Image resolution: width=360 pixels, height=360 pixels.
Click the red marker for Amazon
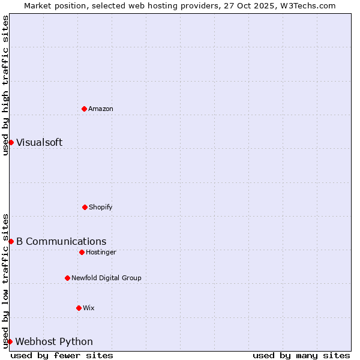pyautogui.click(x=84, y=109)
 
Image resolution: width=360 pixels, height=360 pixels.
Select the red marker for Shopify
pyautogui.click(x=85, y=207)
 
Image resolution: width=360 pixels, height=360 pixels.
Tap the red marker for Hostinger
pyautogui.click(x=82, y=252)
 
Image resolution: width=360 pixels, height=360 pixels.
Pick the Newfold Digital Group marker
pyautogui.click(x=67, y=278)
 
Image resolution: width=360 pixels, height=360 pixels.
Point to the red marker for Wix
pyautogui.click(x=79, y=308)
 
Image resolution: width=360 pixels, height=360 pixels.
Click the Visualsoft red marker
pyautogui.click(x=11, y=142)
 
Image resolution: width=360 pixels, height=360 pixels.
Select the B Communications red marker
pyautogui.click(x=11, y=241)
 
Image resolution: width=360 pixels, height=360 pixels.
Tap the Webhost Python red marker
pyautogui.click(x=10, y=341)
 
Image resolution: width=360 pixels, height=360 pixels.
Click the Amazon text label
pyautogui.click(x=101, y=109)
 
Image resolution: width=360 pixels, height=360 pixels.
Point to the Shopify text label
pyautogui.click(x=101, y=208)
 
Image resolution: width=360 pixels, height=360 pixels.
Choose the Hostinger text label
pyautogui.click(x=101, y=253)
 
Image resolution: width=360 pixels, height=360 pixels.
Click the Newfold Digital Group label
pyautogui.click(x=106, y=278)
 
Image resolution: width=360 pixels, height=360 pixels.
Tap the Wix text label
pyautogui.click(x=89, y=308)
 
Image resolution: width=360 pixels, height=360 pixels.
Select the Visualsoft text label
pyautogui.click(x=39, y=143)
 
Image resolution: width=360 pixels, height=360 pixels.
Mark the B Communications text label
pyautogui.click(x=61, y=242)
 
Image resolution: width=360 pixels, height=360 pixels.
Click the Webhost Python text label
pyautogui.click(x=54, y=342)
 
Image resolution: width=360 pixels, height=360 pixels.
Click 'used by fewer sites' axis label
pyautogui.click(x=62, y=355)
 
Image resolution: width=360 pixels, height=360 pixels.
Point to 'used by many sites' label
pyautogui.click(x=301, y=355)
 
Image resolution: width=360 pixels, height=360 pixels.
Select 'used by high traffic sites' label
pyautogui.click(x=5, y=85)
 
